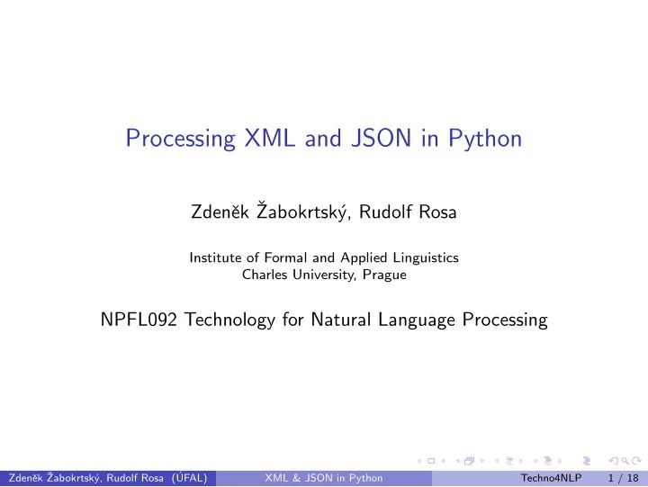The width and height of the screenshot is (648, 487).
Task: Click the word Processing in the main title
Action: (x=178, y=140)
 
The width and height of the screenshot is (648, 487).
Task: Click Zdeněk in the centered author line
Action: (x=218, y=212)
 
